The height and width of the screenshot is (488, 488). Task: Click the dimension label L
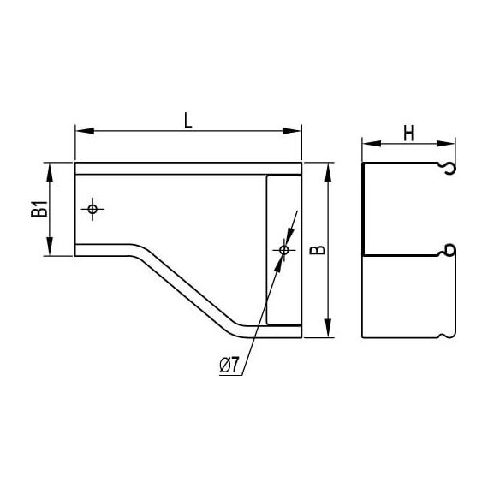tap(188, 121)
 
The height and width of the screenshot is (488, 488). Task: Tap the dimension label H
tap(408, 134)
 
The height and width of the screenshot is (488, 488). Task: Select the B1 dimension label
tap(39, 209)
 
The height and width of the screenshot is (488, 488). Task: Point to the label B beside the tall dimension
tap(318, 250)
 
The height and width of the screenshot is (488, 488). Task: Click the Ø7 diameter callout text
tap(229, 365)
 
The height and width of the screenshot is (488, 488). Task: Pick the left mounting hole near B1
tap(92, 209)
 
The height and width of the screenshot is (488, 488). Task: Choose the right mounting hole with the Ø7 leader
tap(284, 250)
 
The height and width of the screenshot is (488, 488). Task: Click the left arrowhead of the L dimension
tap(85, 131)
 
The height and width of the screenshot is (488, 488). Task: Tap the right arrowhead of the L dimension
tap(292, 131)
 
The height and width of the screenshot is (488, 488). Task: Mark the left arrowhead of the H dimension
tap(372, 144)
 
